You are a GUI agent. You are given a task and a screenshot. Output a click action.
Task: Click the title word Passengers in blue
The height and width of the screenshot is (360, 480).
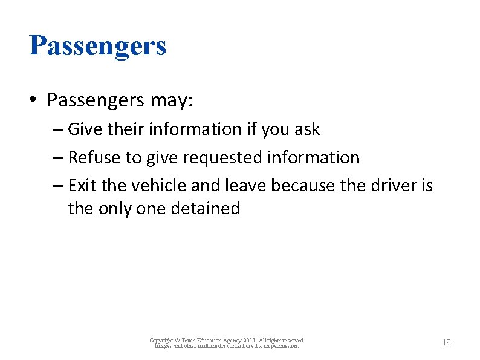pos(97,46)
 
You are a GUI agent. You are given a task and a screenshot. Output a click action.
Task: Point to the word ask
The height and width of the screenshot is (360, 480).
pos(308,129)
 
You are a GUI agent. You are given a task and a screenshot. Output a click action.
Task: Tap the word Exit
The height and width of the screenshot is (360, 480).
pos(81,185)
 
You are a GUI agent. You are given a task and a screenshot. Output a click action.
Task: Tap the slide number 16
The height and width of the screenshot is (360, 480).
pos(446,343)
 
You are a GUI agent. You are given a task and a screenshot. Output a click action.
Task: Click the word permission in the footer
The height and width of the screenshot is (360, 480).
pos(284,346)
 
